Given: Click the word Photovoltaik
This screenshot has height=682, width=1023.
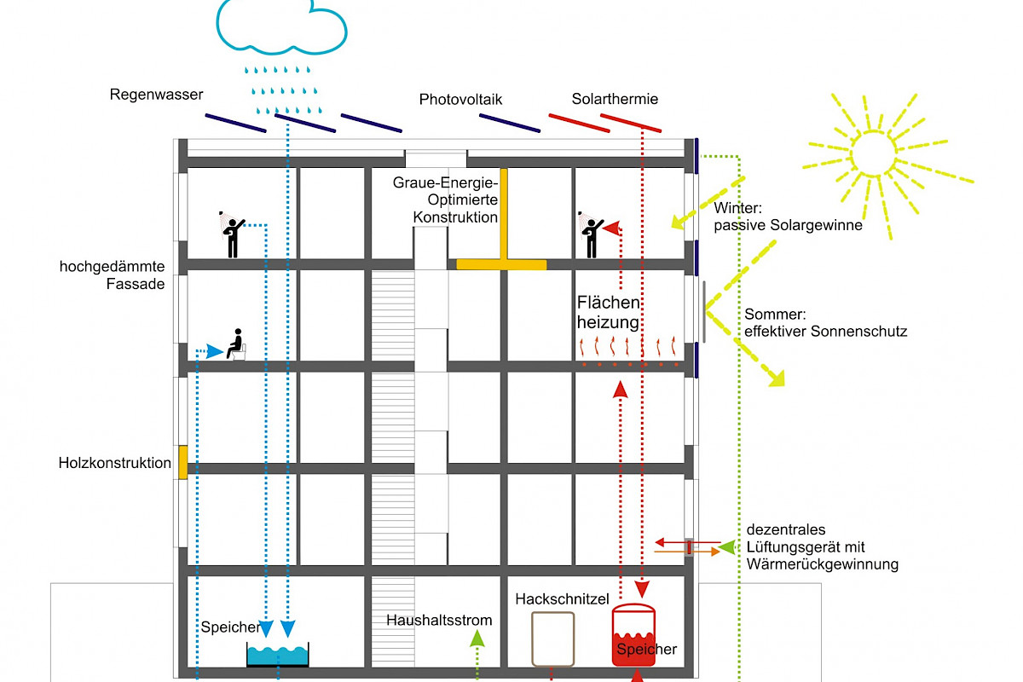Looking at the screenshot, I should coord(460,100).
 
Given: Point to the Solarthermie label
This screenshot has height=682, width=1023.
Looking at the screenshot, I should coord(615,100).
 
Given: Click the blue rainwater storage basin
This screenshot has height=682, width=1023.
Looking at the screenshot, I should coord(278,655).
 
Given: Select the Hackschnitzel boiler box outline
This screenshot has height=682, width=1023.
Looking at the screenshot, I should coord(552,637).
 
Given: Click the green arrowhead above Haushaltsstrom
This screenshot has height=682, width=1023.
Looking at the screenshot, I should coord(477,637).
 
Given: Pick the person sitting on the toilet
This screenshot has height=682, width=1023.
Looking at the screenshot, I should coord(236,345).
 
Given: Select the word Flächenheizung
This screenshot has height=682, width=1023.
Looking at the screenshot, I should coord(608,313).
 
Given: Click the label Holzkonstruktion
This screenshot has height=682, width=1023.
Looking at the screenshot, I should coord(115,464).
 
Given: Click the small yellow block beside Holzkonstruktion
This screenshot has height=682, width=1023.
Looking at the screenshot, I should coord(182,461).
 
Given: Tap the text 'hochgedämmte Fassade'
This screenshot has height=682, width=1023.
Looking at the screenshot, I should coord(112,275).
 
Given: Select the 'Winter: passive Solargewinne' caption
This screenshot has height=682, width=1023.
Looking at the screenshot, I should coord(788,217).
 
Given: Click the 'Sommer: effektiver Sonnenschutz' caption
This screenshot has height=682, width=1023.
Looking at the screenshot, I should coord(824,322).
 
